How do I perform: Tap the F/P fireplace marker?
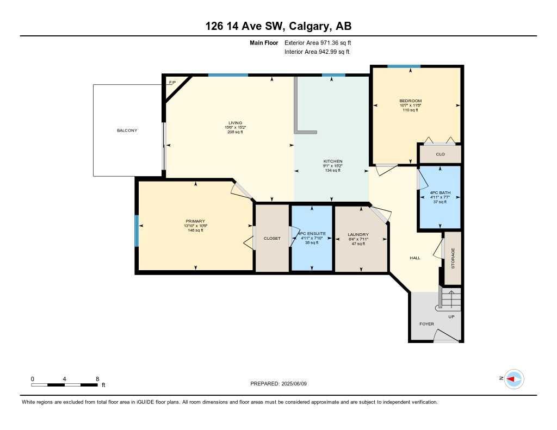pos(172,83)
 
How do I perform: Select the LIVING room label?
pos(235,123)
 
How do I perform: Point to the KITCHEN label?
pos(333,161)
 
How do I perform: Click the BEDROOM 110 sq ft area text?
pos(410,110)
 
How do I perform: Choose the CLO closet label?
pos(440,154)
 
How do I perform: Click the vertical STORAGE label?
pos(453,258)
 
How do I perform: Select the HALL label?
pos(415,258)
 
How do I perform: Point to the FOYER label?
pos(426,324)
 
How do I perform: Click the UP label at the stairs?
pos(451,316)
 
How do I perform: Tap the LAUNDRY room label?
pos(358,235)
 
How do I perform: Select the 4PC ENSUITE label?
pos(312,233)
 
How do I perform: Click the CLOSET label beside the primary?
pos(272,238)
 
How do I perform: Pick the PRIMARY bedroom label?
pos(195,221)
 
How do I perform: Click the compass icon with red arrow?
pos(514,379)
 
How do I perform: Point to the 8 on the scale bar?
pos(97,379)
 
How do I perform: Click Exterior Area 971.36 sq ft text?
pos(321,42)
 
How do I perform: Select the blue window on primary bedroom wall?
pos(137,230)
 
